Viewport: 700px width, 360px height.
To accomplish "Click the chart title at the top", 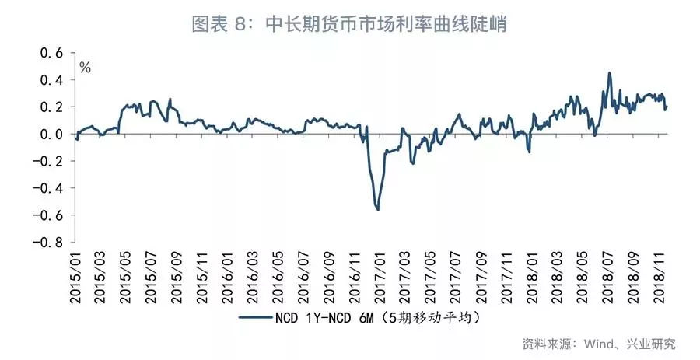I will pos(350,24).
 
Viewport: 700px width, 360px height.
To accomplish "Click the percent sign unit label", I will pos(85,68).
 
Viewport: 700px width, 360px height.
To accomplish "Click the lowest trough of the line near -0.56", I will pos(378,209).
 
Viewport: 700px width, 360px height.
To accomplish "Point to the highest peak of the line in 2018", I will pos(609,73).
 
